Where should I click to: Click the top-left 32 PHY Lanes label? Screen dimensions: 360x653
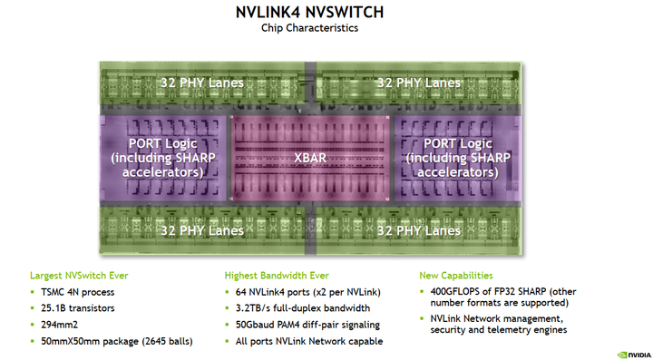[201, 83]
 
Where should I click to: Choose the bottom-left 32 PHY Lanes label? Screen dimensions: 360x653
[201, 230]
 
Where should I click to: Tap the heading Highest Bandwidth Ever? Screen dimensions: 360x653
[276, 275]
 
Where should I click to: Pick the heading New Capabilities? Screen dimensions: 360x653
[456, 275]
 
